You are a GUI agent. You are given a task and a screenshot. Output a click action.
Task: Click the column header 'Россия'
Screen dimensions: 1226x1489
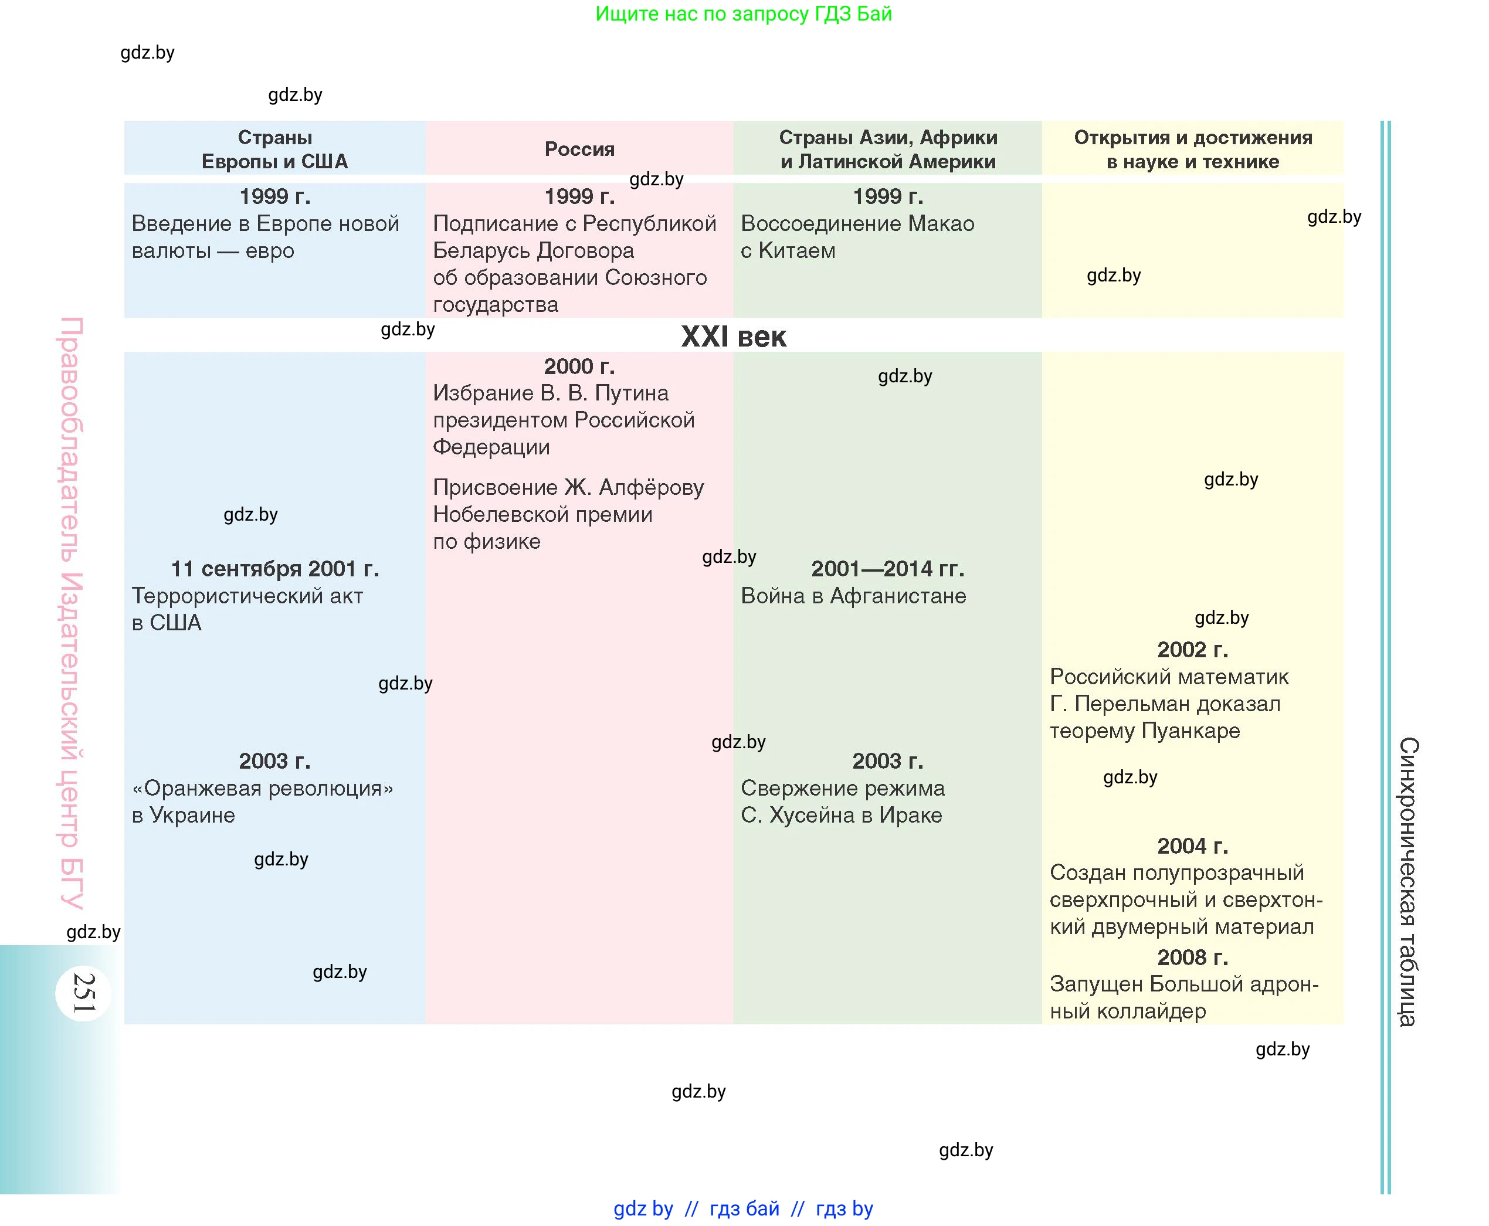(x=579, y=149)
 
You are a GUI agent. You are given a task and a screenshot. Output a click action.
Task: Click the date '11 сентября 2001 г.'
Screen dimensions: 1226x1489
(x=275, y=569)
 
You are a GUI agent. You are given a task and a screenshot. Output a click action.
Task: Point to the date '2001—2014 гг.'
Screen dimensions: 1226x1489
(x=887, y=569)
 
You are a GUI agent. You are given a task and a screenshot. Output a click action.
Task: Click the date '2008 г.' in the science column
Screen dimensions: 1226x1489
(x=1192, y=957)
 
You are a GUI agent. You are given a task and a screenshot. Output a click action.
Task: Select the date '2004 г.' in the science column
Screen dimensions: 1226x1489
(x=1192, y=845)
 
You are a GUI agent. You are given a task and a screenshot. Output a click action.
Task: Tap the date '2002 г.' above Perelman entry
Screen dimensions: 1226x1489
(x=1192, y=649)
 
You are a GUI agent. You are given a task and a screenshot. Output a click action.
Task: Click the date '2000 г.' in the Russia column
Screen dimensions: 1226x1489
(x=579, y=366)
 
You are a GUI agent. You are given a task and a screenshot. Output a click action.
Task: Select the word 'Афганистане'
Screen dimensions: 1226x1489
(x=898, y=596)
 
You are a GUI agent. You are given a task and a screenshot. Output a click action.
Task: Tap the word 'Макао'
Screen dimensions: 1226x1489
(x=941, y=224)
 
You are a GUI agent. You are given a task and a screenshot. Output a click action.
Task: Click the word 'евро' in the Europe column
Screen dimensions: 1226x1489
(x=269, y=251)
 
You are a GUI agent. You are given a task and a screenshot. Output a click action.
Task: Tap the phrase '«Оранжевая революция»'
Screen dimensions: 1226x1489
(x=263, y=788)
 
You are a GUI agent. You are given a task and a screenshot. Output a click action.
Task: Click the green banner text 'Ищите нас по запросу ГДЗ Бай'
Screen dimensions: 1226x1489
(x=743, y=13)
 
